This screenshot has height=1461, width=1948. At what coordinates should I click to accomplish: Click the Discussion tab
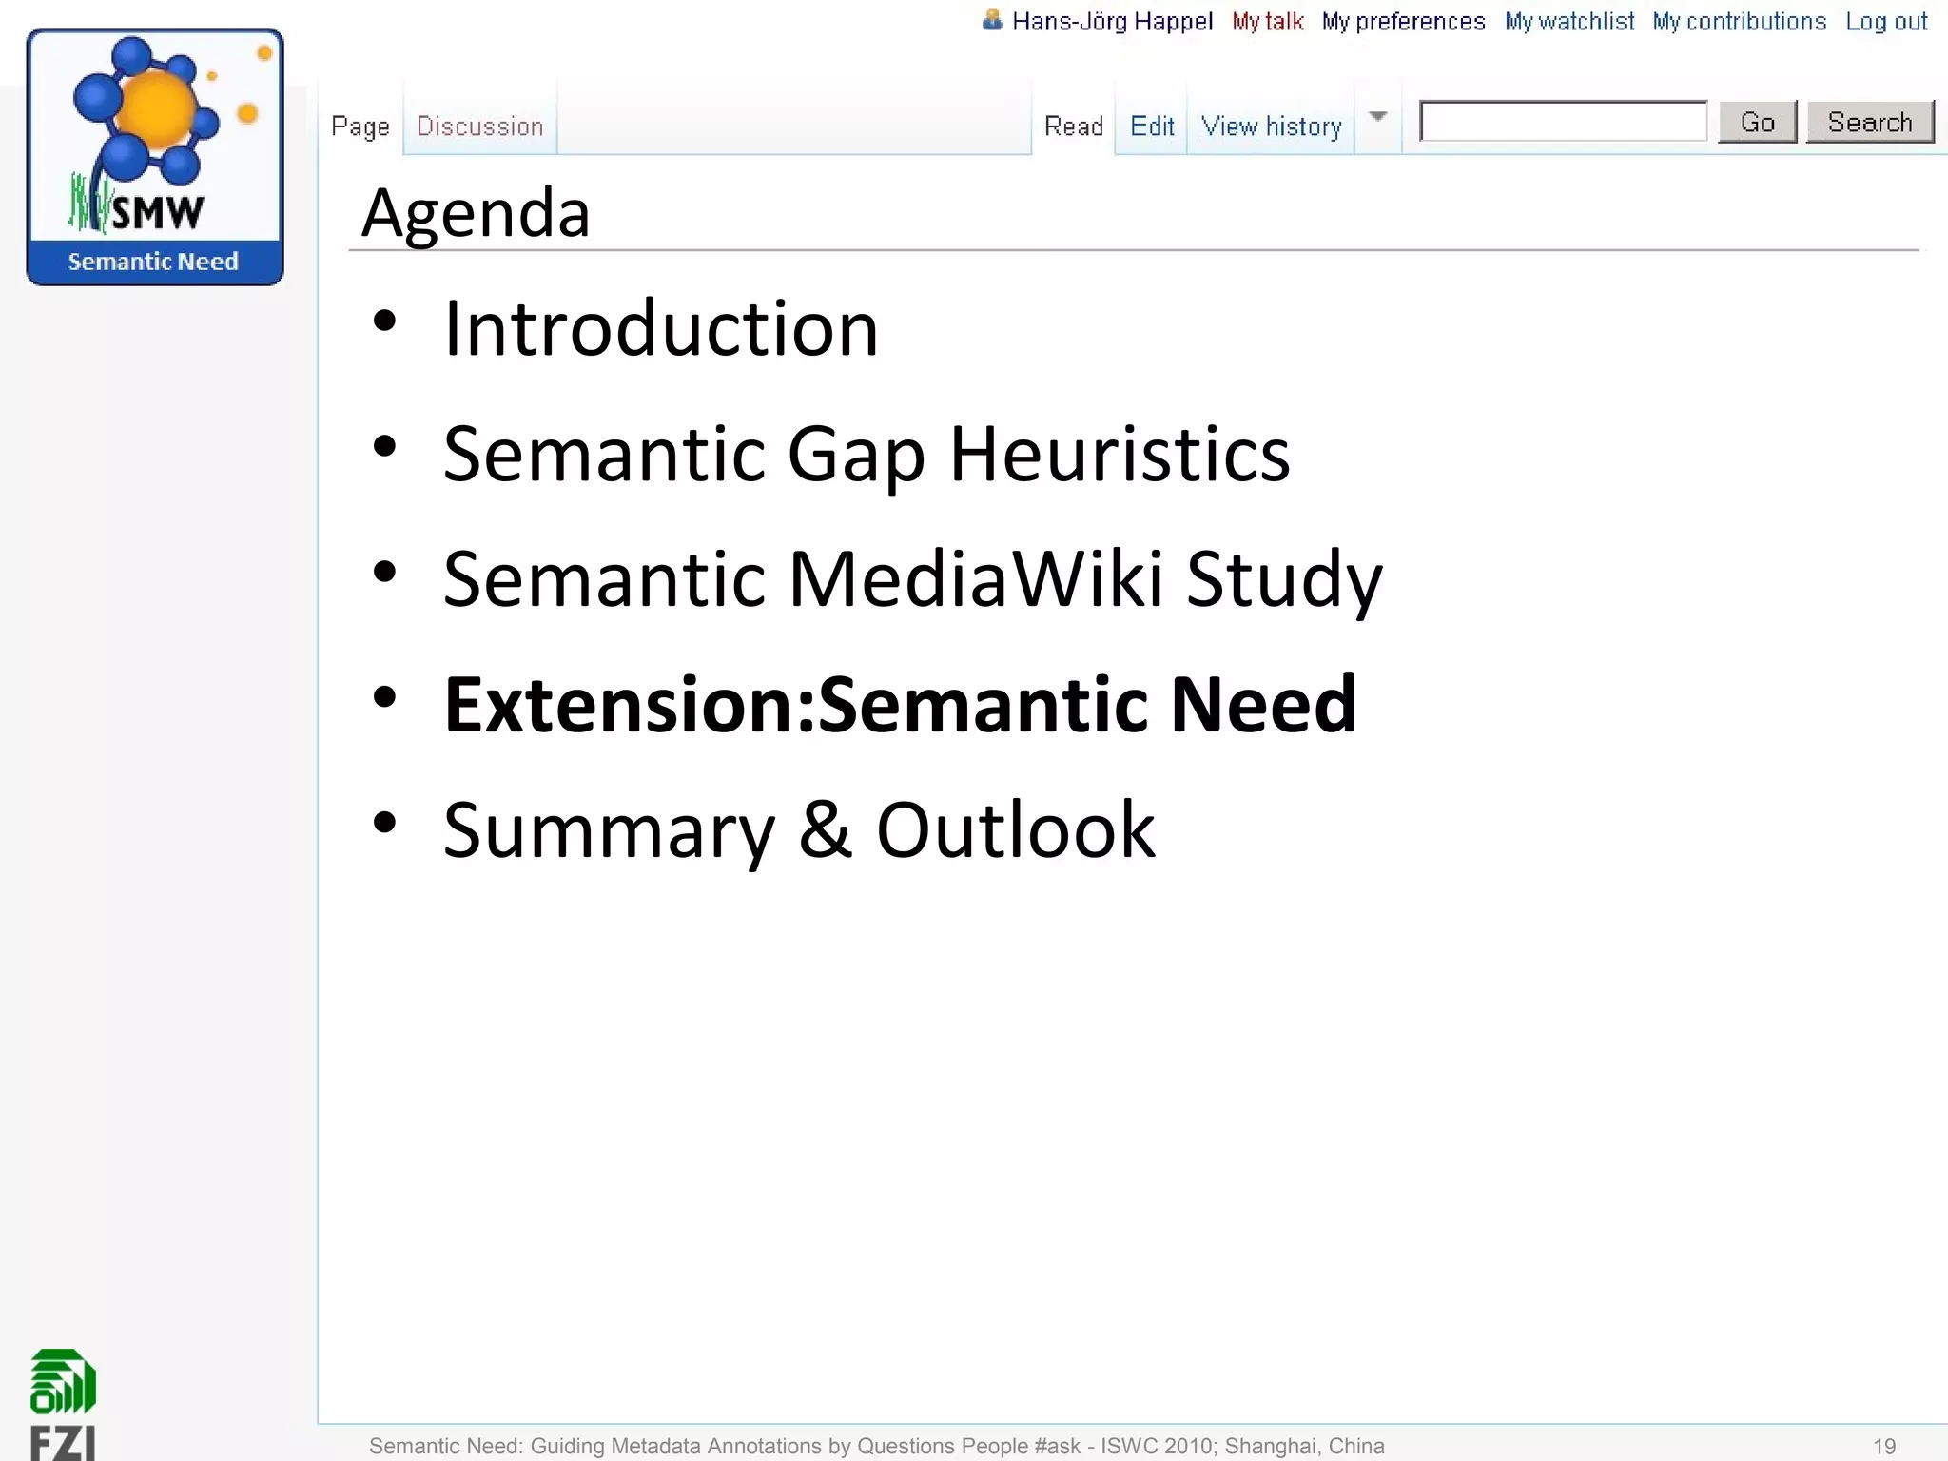pyautogui.click(x=479, y=127)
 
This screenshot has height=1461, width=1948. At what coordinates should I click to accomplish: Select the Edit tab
pyautogui.click(x=1152, y=127)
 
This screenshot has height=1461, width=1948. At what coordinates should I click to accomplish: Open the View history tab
pyautogui.click(x=1271, y=127)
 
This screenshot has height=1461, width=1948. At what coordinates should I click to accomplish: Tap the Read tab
pyautogui.click(x=1073, y=127)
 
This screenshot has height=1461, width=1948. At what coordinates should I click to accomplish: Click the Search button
pyautogui.click(x=1869, y=123)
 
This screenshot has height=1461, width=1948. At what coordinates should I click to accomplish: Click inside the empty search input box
pyautogui.click(x=1563, y=122)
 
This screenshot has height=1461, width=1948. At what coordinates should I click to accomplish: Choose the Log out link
pyautogui.click(x=1886, y=22)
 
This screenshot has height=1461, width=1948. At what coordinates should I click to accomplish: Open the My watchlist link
pyautogui.click(x=1569, y=22)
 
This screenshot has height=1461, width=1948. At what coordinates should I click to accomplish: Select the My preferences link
pyautogui.click(x=1403, y=22)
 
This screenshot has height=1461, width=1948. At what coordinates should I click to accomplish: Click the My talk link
pyautogui.click(x=1267, y=22)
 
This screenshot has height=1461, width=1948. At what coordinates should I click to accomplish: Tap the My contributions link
pyautogui.click(x=1739, y=22)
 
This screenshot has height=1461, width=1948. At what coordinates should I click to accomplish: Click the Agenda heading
pyautogui.click(x=476, y=213)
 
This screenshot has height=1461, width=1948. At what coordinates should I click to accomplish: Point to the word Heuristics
pyautogui.click(x=1120, y=455)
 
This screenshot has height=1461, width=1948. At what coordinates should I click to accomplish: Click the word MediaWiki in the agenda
pyautogui.click(x=975, y=579)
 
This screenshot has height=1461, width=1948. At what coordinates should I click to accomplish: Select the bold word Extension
pyautogui.click(x=618, y=705)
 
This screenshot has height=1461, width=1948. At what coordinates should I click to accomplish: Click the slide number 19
pyautogui.click(x=1883, y=1446)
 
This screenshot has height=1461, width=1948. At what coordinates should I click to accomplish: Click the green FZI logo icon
pyautogui.click(x=63, y=1382)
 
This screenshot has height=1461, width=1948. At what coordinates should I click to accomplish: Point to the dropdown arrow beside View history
pyautogui.click(x=1377, y=117)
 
